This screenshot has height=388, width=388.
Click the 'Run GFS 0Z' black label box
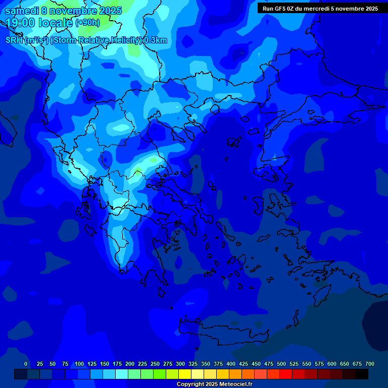(320, 9)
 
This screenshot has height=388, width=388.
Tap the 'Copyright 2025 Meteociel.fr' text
(214, 384)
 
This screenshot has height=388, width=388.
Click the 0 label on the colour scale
(26, 364)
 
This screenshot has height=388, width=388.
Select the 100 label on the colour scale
(79, 364)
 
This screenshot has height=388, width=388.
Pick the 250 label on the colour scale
(155, 364)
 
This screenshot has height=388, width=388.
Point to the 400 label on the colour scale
(231, 364)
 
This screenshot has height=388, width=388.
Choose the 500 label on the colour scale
(281, 364)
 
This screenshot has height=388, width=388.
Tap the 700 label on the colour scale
(370, 364)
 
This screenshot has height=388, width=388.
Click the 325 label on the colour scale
(193, 364)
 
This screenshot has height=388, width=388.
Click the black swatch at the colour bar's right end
(362, 374)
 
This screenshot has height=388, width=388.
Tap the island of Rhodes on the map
(323, 293)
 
